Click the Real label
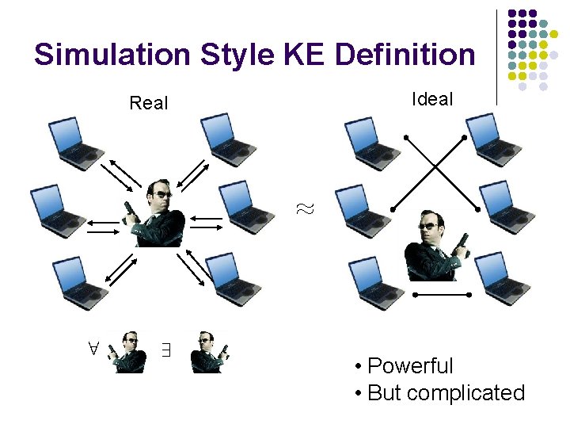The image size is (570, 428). [149, 103]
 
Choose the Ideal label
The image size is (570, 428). [432, 99]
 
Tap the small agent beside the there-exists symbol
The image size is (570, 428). [210, 352]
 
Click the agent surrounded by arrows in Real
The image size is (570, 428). [158, 212]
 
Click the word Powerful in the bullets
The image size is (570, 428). [410, 366]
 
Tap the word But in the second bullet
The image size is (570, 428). [385, 392]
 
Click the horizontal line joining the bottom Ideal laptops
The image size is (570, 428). [443, 295]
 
